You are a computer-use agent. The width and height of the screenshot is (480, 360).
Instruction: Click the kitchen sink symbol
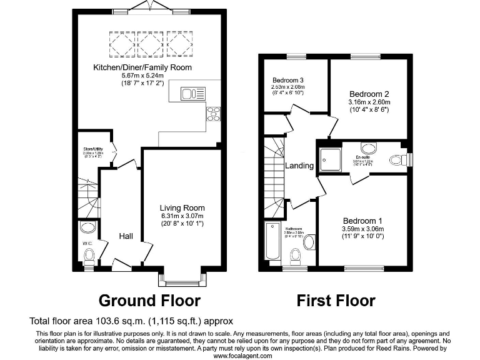coord(193,94)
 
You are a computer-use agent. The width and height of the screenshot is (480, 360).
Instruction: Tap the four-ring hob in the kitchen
coord(213,113)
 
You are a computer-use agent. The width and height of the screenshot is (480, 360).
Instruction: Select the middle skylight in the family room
coord(149,44)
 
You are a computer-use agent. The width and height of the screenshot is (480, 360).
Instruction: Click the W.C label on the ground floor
coord(87,243)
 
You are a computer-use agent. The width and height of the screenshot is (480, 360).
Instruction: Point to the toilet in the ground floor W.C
coord(89,254)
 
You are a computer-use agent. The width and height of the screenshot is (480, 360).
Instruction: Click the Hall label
coord(126,236)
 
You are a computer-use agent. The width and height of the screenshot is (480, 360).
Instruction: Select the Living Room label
coord(182,208)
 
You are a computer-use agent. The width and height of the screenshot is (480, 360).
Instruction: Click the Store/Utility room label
coord(92,149)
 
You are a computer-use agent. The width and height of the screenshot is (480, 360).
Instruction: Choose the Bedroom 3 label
coord(288,80)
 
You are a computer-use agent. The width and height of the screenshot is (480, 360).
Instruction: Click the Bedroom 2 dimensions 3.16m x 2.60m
coord(369,102)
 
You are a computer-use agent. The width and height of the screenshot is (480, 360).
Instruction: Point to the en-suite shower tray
coord(330,159)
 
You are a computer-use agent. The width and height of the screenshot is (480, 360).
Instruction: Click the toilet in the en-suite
coord(397,161)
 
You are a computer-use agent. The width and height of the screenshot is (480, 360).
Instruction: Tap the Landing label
coord(299,166)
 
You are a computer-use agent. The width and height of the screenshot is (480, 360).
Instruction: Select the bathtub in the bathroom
coord(273,241)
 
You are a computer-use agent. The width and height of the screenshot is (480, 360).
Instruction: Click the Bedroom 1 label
coord(362,221)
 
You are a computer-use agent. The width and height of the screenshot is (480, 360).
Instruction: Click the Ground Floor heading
coord(149,301)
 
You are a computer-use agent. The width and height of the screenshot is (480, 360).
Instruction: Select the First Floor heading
coord(336,301)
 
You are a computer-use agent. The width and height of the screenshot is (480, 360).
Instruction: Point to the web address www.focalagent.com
coord(243,356)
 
